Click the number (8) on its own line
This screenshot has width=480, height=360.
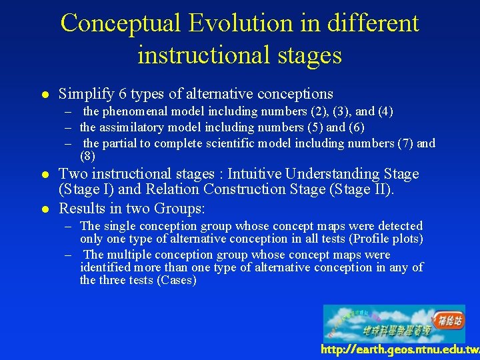(87, 157)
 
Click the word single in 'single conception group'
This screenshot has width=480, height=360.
(120, 226)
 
